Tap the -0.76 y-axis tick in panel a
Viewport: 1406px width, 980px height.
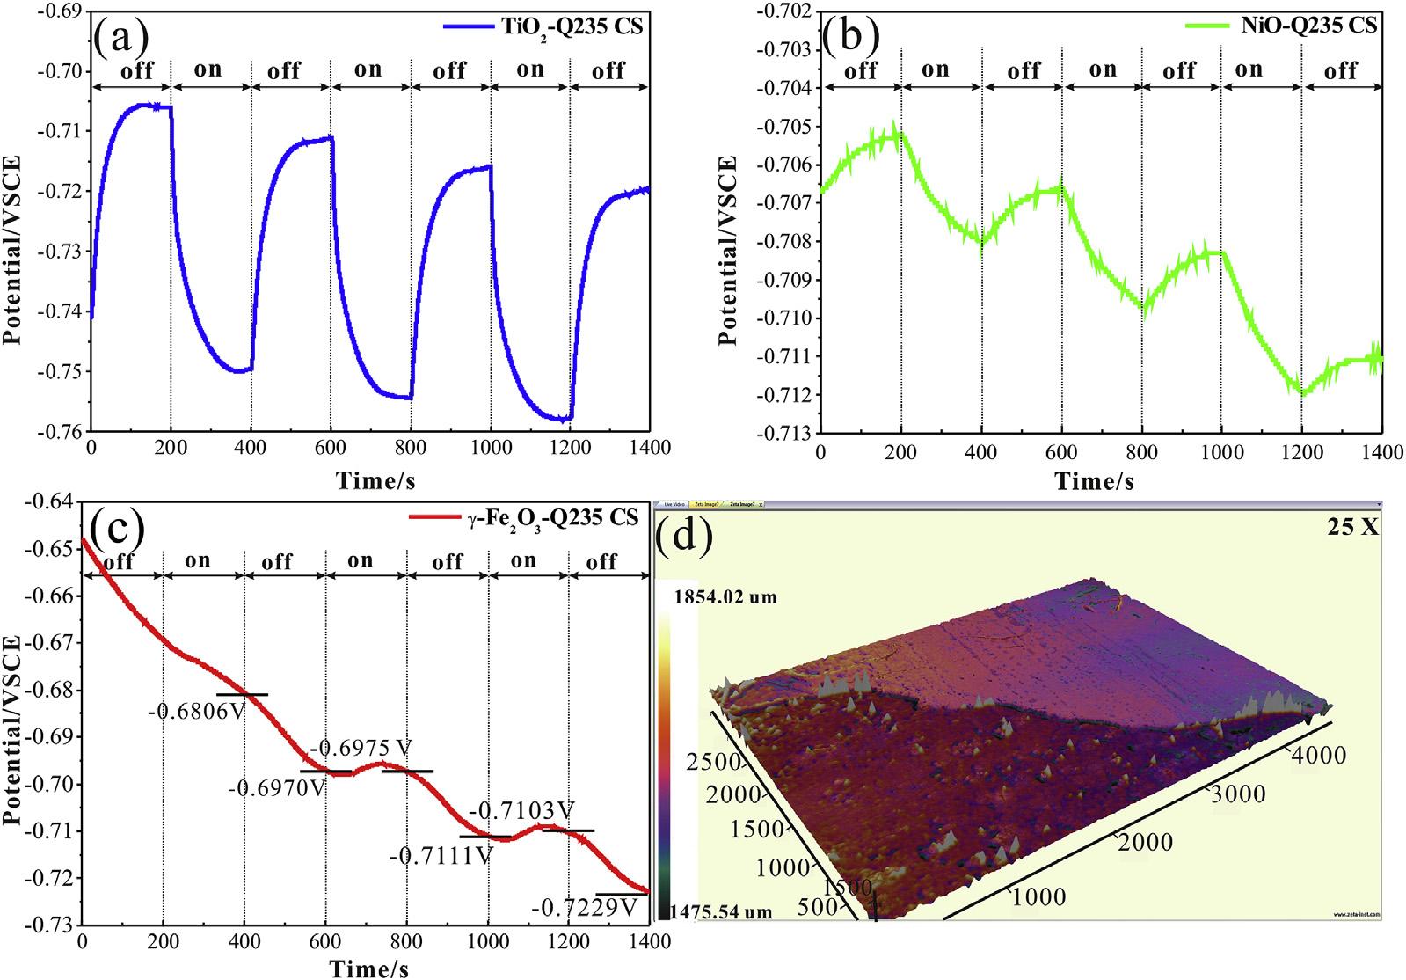pyautogui.click(x=58, y=431)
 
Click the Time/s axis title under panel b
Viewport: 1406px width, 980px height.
pyautogui.click(x=1094, y=481)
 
